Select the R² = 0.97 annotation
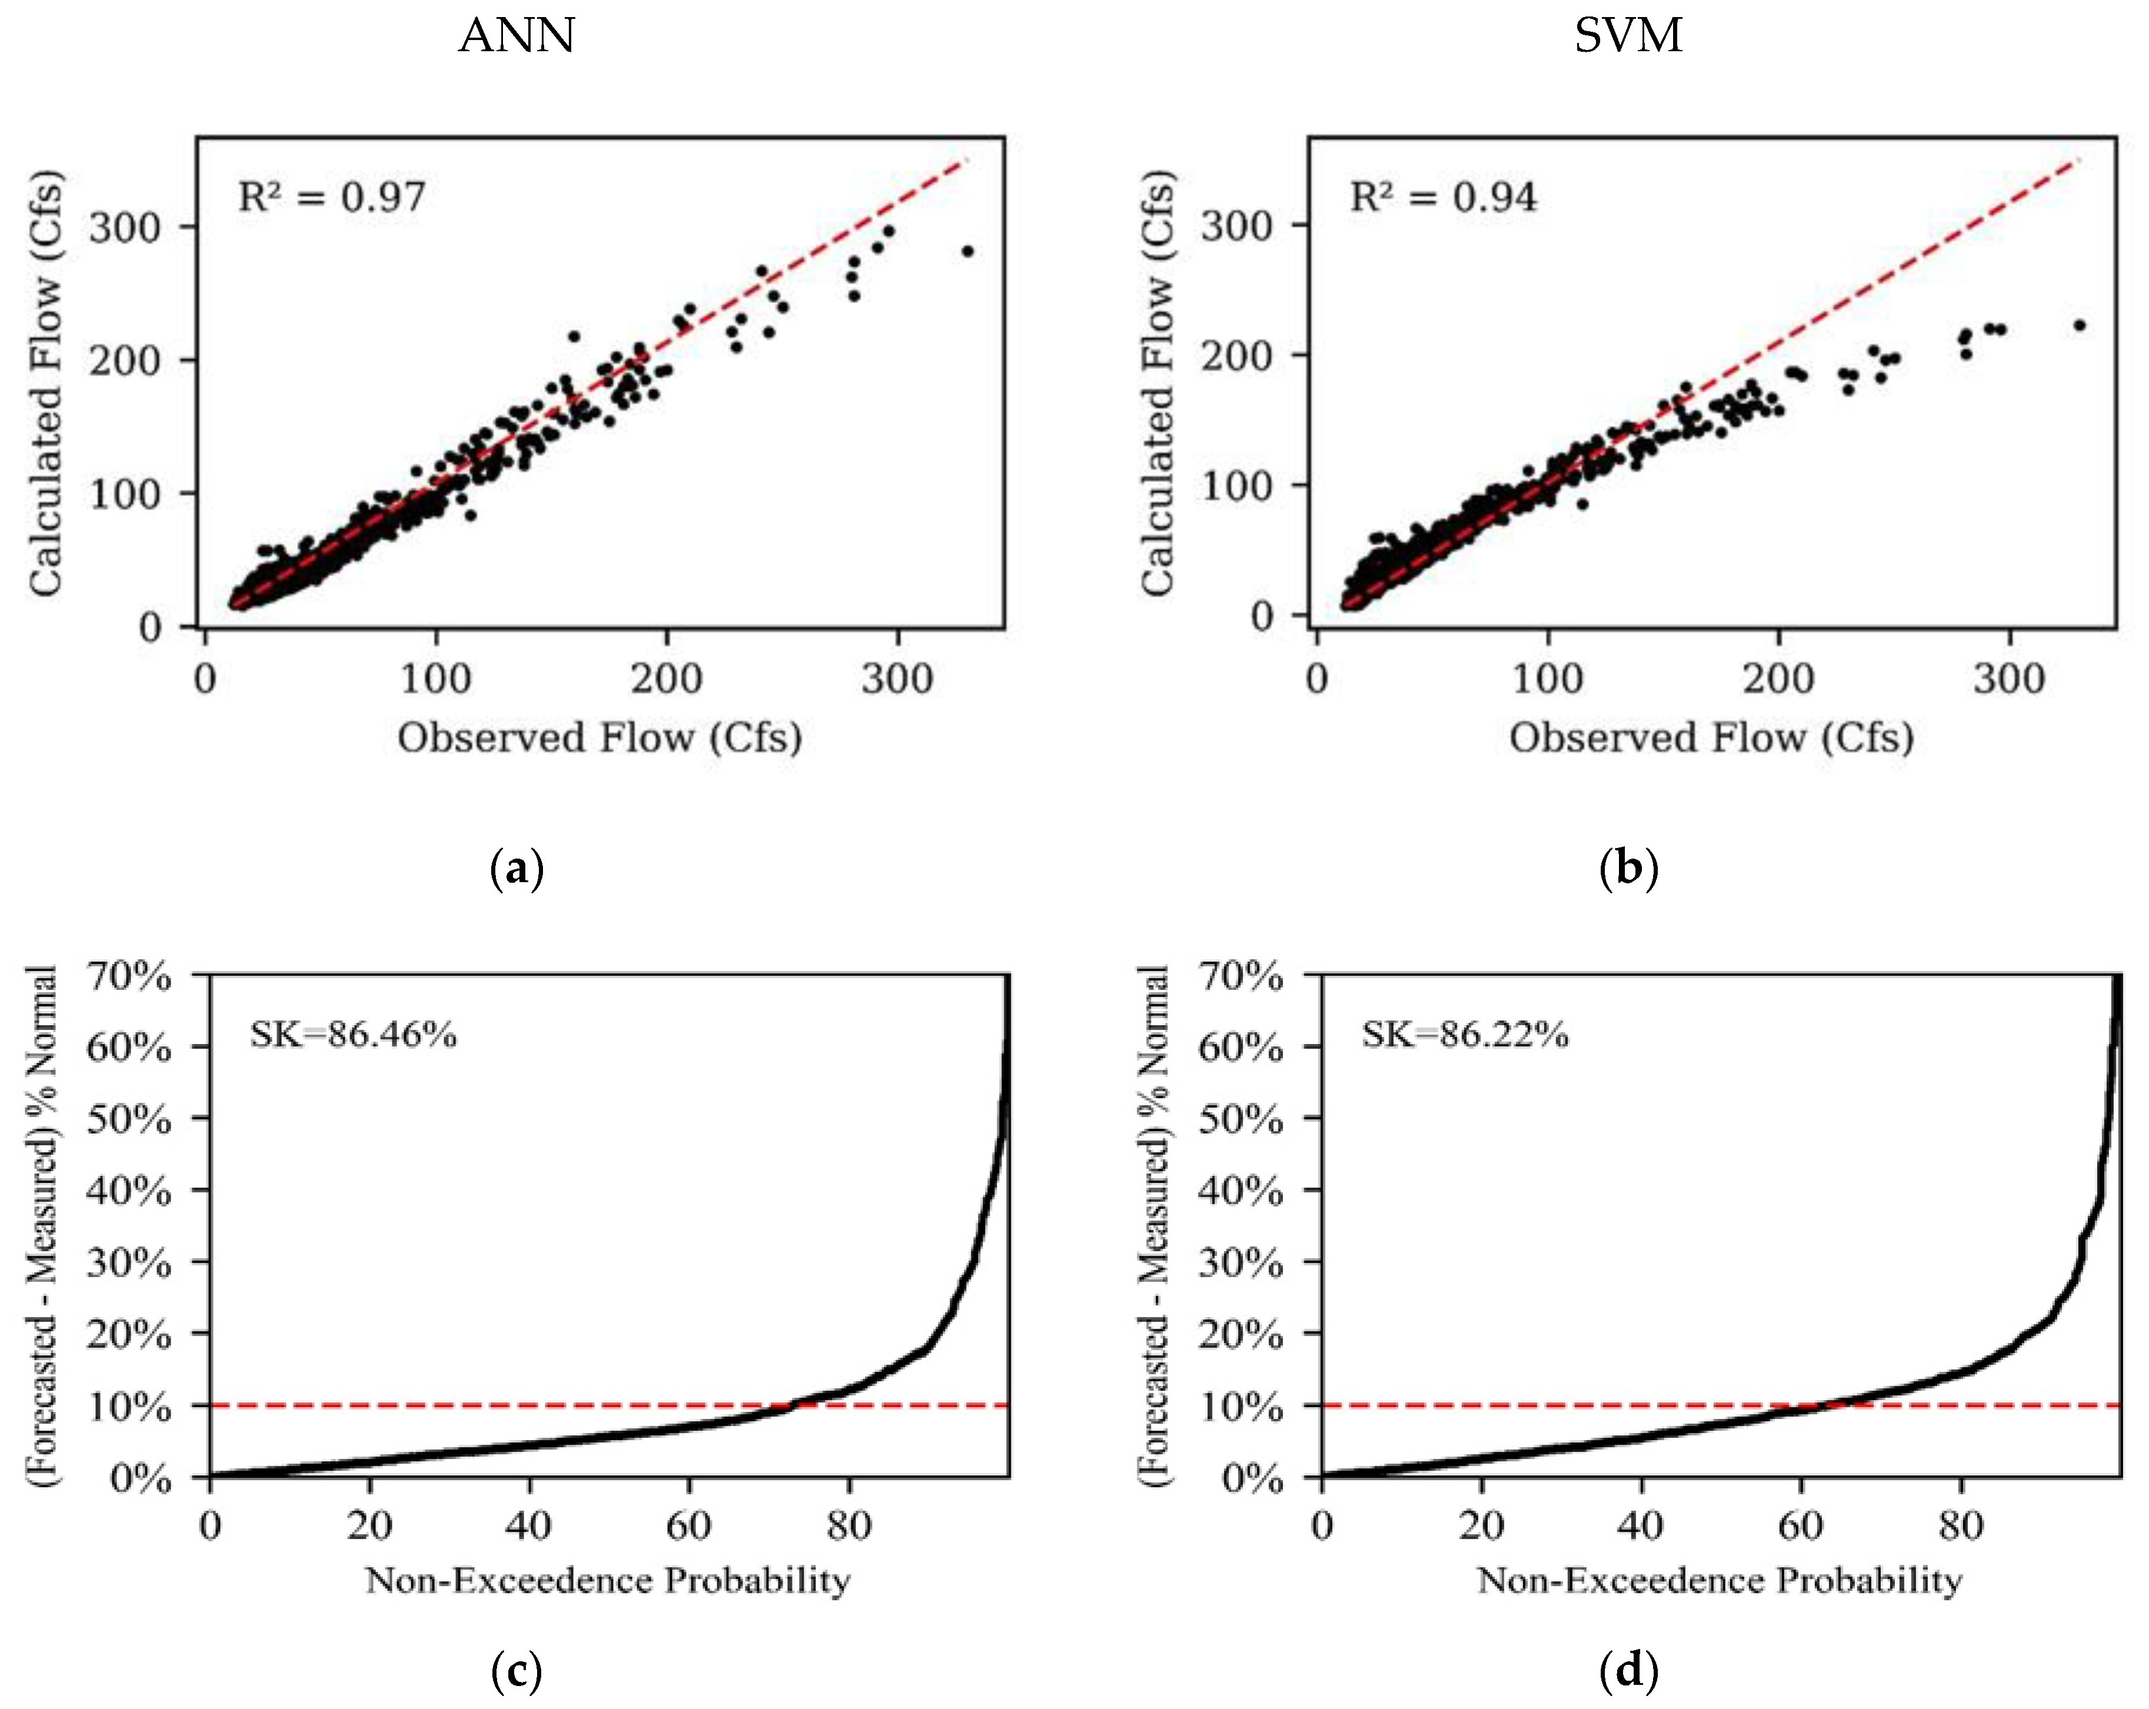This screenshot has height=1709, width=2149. [x=331, y=197]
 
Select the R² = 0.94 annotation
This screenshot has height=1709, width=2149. [x=1442, y=197]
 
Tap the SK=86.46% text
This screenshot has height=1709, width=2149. [x=353, y=1035]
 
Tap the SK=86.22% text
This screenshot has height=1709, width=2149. [x=1464, y=1035]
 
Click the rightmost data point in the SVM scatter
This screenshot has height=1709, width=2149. [x=2079, y=325]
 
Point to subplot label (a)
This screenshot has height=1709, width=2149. [x=517, y=869]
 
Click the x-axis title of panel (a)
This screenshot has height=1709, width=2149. [x=599, y=738]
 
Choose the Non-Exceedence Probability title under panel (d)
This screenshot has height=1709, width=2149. [x=1720, y=1580]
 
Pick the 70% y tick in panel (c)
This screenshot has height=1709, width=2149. [x=129, y=976]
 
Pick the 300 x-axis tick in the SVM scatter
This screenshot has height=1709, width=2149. [x=2008, y=679]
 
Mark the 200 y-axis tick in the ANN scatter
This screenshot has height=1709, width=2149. [x=125, y=360]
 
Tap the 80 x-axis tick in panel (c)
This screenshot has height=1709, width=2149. [x=848, y=1525]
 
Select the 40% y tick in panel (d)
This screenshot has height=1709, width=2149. [x=1240, y=1191]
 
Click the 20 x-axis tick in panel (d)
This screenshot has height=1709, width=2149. [x=1481, y=1525]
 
